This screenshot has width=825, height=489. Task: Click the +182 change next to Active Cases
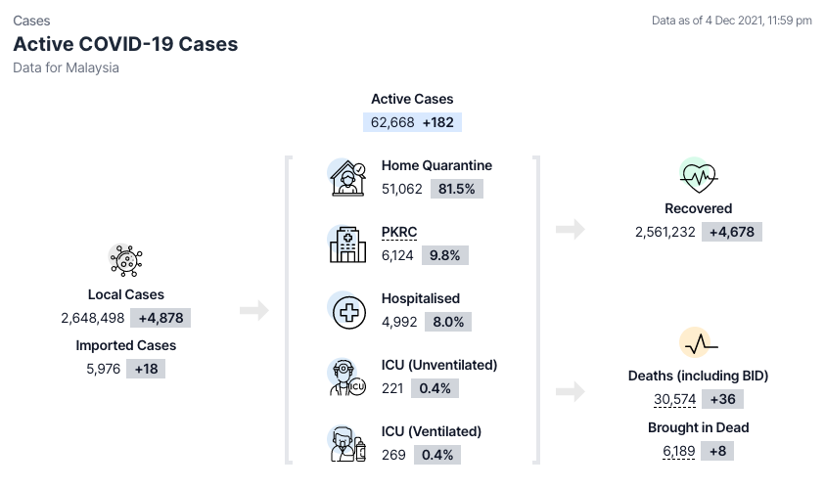coord(437,122)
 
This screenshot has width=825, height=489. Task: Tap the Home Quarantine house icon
coord(347,178)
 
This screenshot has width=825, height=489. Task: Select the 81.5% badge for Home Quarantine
coord(457,189)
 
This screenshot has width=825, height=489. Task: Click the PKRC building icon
coord(347,244)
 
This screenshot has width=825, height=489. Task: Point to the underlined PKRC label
coord(399,232)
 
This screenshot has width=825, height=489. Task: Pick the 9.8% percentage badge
coord(444,255)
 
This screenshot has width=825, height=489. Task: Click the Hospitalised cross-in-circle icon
coord(348,312)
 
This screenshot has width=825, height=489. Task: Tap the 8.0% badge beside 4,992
coord(448,322)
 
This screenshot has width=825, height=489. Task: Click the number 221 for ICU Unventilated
coord(392,388)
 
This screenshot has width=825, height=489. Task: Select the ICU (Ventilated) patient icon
coord(347,444)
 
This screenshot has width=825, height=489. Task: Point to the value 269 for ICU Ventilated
coord(393,455)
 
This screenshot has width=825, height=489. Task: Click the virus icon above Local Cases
coord(126,260)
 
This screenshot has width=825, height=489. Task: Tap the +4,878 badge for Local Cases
coord(161,318)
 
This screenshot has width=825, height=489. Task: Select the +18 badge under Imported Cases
coord(146,369)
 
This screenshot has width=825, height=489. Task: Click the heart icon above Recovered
coord(698,177)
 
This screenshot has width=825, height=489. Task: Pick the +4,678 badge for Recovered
coord(732,232)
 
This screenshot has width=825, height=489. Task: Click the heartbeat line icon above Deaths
coord(700,344)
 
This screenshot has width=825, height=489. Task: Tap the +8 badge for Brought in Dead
coord(717,451)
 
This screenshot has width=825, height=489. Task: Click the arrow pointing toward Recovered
coord(571,229)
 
